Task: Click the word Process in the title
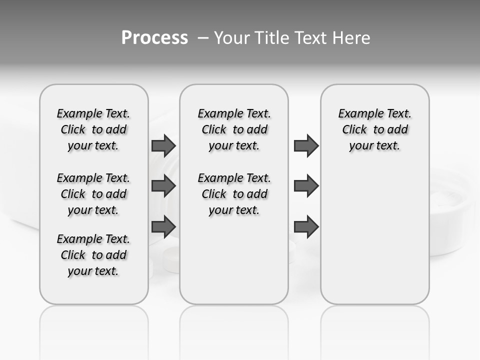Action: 154,38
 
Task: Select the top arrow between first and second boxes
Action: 163,146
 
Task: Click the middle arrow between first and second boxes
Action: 163,186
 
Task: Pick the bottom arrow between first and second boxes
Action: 163,226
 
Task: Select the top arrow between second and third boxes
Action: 306,146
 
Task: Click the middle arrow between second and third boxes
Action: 306,186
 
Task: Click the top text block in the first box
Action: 93,129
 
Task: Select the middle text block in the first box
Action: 93,194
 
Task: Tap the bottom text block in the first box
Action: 93,255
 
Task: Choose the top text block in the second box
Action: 234,129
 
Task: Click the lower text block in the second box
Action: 234,194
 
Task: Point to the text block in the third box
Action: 375,129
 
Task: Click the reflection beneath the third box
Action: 375,330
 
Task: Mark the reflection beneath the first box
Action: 94,330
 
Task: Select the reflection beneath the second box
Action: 234,330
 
